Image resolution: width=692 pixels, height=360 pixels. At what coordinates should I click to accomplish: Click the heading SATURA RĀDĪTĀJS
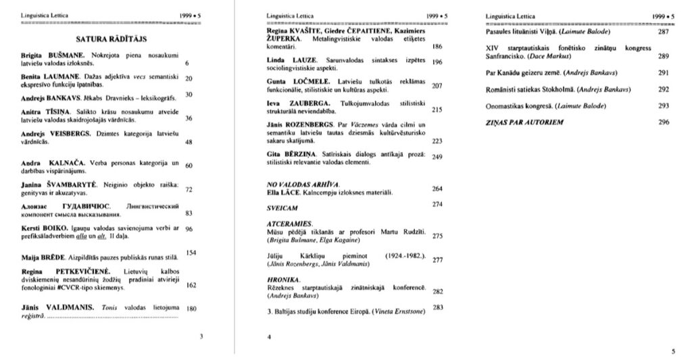click(112, 40)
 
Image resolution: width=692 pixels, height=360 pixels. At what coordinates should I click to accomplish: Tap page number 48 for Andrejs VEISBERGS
click(189, 142)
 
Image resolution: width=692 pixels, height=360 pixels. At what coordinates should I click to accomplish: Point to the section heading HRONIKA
click(283, 279)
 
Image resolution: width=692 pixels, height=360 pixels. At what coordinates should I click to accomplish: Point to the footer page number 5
click(672, 351)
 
